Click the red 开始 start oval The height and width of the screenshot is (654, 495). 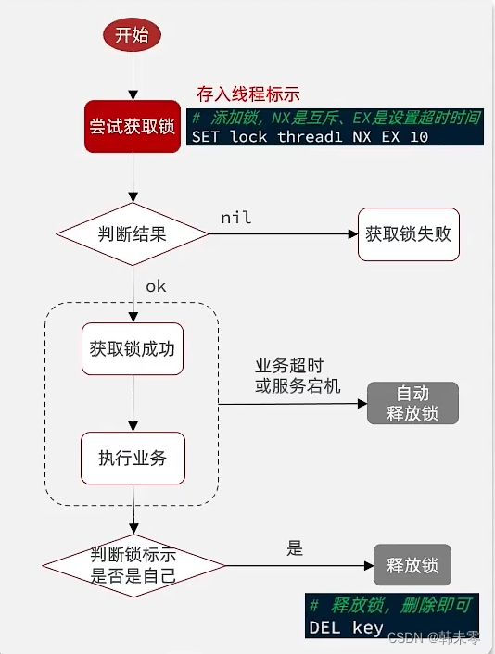pos(132,36)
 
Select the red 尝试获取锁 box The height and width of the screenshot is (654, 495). pos(132,126)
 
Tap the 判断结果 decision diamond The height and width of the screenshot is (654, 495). pos(132,233)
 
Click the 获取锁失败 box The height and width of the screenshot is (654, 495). pos(408,233)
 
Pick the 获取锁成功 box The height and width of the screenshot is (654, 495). pos(132,350)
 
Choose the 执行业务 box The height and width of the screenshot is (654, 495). pos(132,458)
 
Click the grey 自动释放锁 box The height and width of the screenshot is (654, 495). pos(412,404)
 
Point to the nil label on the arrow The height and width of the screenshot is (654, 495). pos(236,218)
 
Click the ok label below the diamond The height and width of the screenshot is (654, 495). pos(156,286)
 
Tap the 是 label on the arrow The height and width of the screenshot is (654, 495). pos(295,548)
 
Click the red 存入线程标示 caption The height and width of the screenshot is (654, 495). pos(248,94)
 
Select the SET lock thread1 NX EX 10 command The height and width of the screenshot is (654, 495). pos(310,136)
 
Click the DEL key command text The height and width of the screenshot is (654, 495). pos(346,627)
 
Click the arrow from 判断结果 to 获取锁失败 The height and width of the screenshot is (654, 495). pos(283,234)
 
